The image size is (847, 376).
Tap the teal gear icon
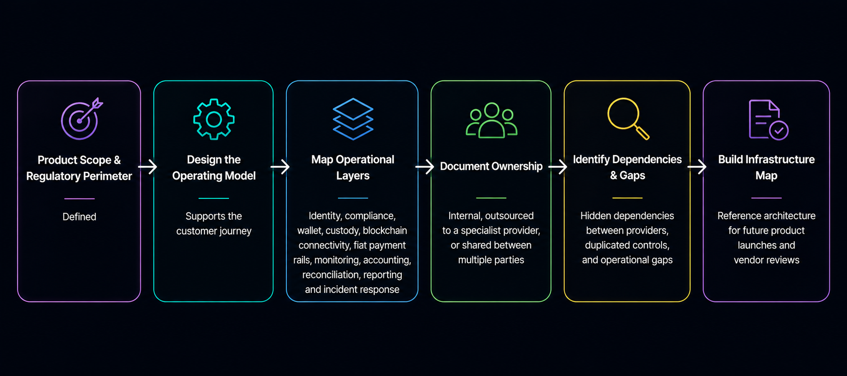(x=214, y=119)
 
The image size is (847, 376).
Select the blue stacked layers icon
(x=353, y=119)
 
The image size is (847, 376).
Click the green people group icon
(x=491, y=120)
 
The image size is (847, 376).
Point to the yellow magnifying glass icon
(x=628, y=119)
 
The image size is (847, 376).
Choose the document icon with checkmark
(x=768, y=120)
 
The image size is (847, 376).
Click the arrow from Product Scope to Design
(x=148, y=167)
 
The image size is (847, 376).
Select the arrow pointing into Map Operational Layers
(x=280, y=167)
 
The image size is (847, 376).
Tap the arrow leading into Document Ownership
(x=425, y=167)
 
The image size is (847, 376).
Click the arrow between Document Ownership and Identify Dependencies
(x=558, y=167)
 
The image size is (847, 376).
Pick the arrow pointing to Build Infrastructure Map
(x=697, y=167)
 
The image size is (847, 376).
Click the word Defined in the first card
(x=79, y=217)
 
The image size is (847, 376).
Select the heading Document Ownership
(x=491, y=166)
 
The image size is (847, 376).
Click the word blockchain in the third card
(x=385, y=230)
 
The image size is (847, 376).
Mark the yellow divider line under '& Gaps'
(x=627, y=198)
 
